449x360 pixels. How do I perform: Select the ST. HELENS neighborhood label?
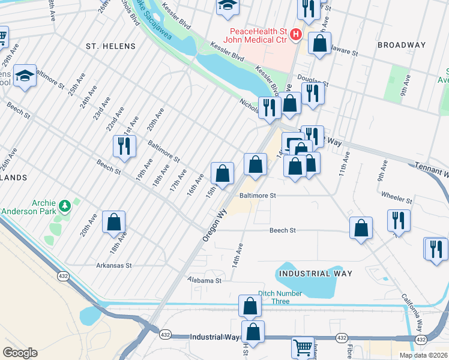coord(110,46)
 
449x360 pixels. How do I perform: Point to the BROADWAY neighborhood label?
coord(402,45)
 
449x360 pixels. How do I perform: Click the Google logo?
coord(20,353)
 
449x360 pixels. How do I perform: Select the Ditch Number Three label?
coord(282,293)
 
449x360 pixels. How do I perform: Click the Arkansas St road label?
coord(113,265)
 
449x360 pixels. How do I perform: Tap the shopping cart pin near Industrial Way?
coord(303,347)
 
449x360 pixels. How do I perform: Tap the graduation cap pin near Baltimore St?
coord(25,76)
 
